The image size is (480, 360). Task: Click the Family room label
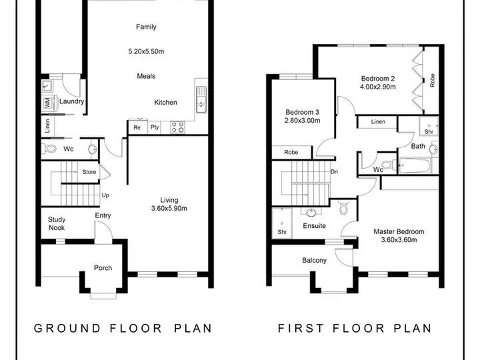coord(146,27)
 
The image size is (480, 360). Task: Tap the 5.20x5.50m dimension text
coord(146,51)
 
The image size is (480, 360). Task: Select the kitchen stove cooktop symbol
coord(177,127)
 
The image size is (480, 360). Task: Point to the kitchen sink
coord(201,100)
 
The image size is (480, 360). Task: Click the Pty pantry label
coord(155,127)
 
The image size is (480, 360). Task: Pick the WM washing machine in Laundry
coord(48,103)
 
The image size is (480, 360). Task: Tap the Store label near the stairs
coord(89,172)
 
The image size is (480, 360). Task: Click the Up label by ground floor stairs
coord(105,195)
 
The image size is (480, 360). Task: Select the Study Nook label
coord(57,223)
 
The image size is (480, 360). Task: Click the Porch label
coord(103,268)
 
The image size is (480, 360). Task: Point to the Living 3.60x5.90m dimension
coord(169,209)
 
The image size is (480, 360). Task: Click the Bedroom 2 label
coord(378,79)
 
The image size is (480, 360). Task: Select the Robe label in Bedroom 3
coord(291,152)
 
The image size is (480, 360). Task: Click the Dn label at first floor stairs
coord(334,172)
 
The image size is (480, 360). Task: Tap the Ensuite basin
coord(311,212)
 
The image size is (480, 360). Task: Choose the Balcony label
coord(314,260)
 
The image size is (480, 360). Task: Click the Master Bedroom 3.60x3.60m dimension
coord(399,240)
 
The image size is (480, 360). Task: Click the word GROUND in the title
coord(67,328)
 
